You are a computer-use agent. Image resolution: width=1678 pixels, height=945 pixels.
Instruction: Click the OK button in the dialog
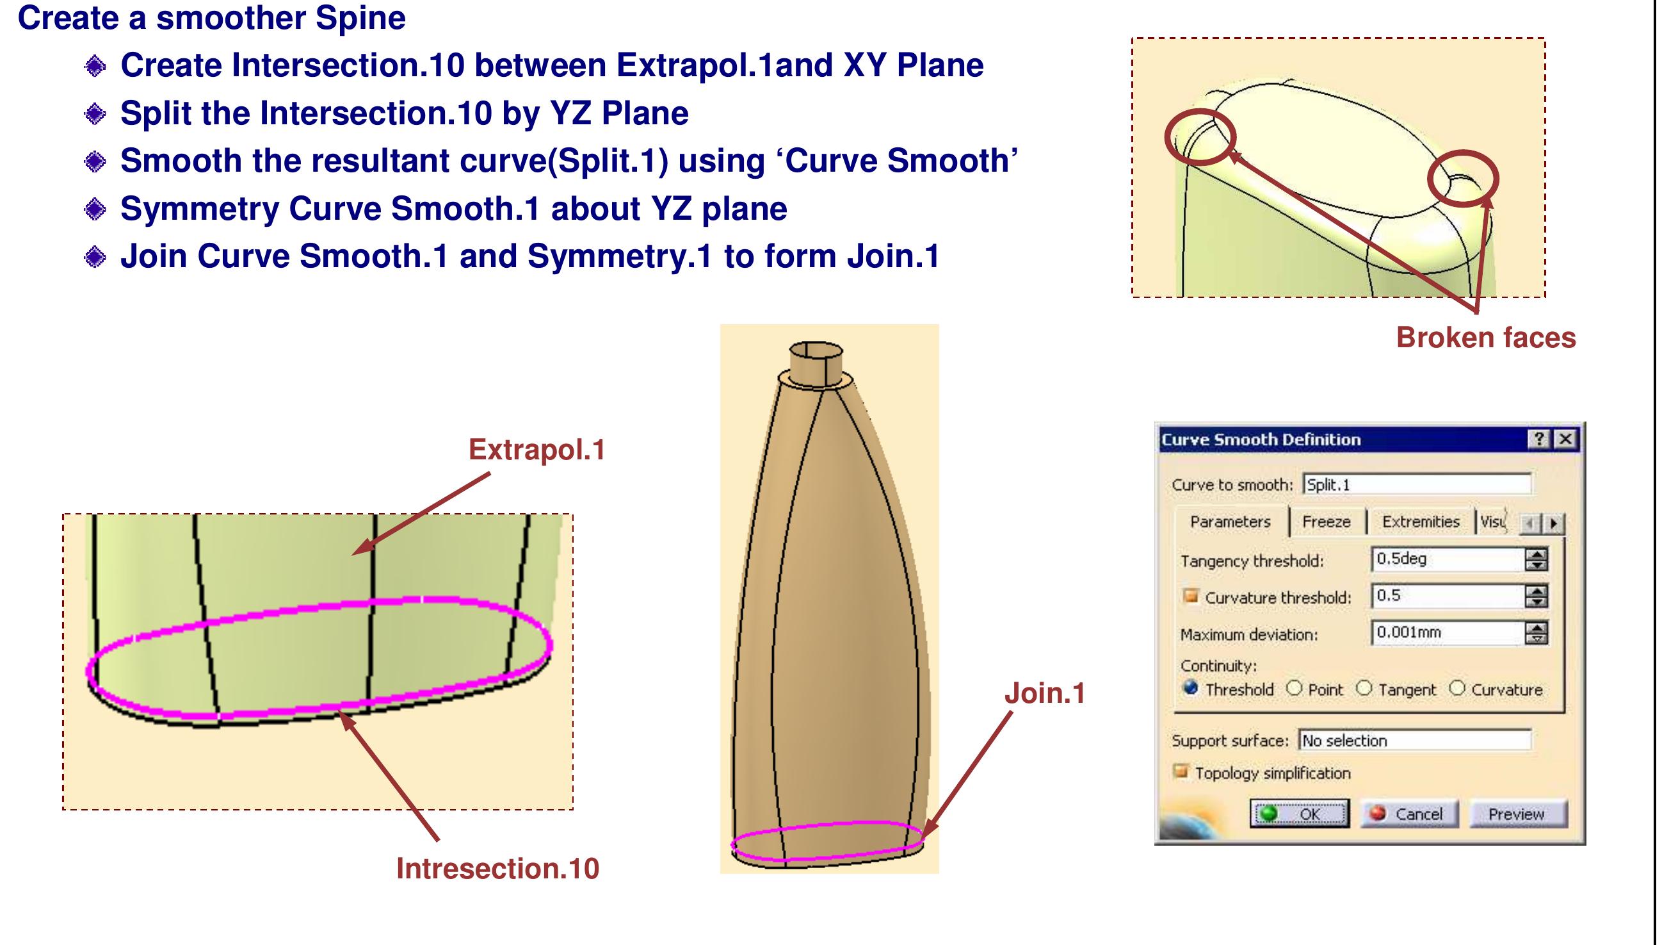[x=1300, y=814]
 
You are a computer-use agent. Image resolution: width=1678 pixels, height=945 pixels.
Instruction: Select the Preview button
[x=1517, y=814]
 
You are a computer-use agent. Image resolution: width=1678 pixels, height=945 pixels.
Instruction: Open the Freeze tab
[x=1326, y=522]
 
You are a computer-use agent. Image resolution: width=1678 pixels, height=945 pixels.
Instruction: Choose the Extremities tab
[x=1421, y=522]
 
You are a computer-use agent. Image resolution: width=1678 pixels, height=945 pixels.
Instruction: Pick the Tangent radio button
[x=1364, y=689]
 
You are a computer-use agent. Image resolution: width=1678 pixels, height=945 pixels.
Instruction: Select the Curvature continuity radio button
[x=1458, y=689]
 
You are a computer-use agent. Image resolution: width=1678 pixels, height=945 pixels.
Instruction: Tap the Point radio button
[x=1295, y=689]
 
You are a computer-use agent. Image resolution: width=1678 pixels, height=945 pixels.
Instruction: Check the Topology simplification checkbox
[x=1181, y=772]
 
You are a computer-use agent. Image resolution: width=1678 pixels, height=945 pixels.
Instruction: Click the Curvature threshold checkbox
[x=1191, y=596]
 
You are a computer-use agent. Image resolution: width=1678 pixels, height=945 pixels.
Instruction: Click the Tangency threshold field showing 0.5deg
[x=1447, y=559]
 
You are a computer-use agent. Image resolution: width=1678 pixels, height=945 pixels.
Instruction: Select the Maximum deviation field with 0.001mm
[x=1447, y=633]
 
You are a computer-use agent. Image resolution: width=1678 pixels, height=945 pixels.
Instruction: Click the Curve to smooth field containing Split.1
[x=1417, y=485]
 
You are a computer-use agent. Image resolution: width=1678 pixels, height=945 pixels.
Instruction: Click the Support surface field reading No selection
[x=1414, y=741]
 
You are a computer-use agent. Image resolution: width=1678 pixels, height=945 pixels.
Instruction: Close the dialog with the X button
[x=1565, y=440]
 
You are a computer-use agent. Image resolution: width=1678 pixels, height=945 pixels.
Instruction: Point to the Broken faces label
[x=1486, y=338]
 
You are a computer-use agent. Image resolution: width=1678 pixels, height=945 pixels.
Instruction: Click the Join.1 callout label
[x=1045, y=693]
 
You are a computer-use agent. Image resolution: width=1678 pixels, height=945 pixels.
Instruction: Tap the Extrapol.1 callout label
[x=536, y=450]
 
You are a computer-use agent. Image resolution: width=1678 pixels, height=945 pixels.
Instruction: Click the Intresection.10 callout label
[x=497, y=869]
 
